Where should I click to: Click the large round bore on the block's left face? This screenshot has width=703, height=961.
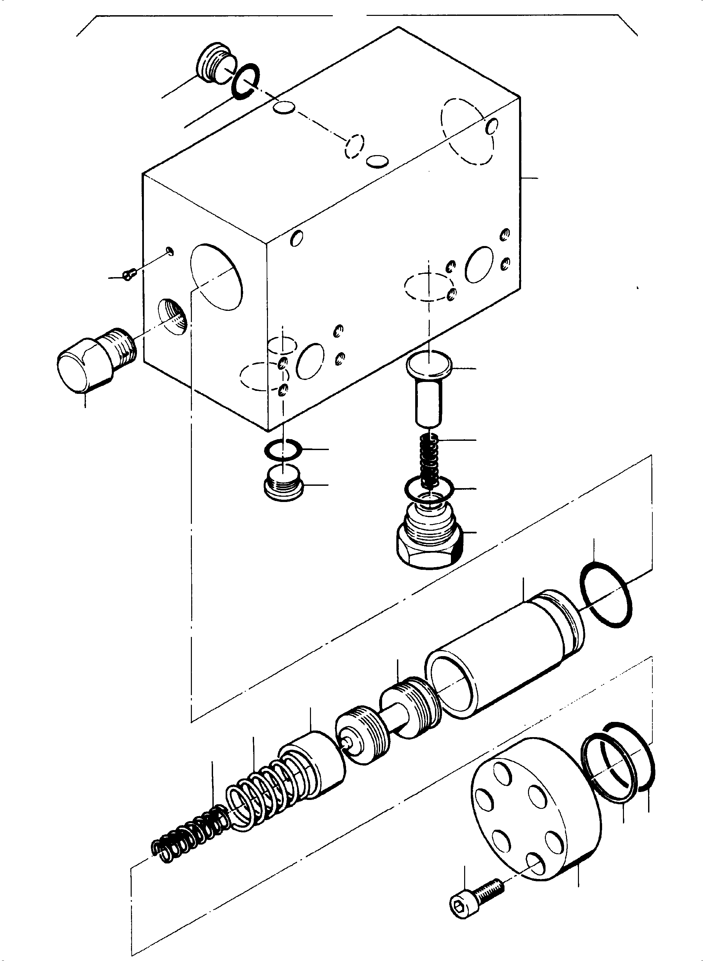pos(216,276)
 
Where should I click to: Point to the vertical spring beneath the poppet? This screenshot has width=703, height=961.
pos(429,462)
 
